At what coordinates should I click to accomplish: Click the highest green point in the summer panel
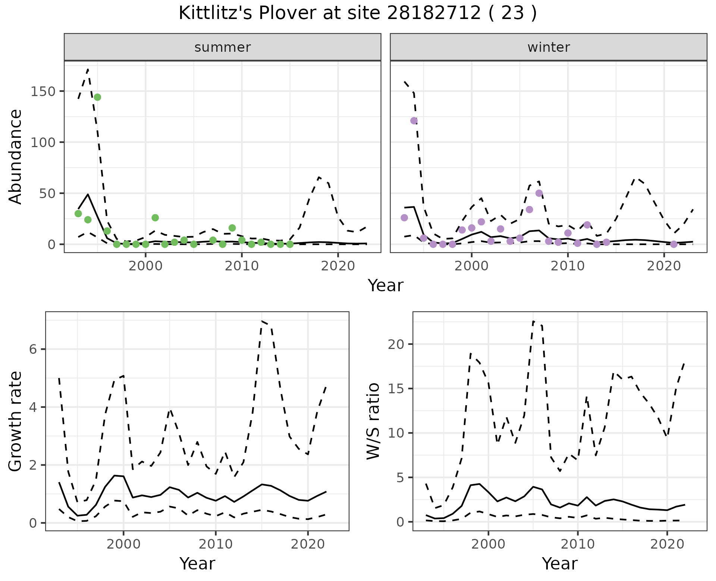pos(97,97)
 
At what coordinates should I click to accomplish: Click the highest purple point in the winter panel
pos(414,121)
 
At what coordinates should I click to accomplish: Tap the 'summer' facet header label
pos(223,47)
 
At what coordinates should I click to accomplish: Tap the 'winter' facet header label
pos(549,47)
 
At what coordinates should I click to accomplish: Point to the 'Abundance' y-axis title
pos(16,157)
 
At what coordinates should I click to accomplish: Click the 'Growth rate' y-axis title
pos(16,422)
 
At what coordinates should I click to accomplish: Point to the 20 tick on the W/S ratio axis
pos(396,344)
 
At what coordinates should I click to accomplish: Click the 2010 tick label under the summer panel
pos(242,266)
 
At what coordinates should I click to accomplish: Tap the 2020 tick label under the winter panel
pos(664,266)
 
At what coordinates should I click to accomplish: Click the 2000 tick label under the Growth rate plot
pos(123,544)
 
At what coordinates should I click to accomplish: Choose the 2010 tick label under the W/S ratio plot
pos(578,544)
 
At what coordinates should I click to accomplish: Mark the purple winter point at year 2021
pos(673,244)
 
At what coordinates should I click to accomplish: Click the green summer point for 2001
pos(155,218)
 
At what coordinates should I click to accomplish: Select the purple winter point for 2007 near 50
pos(539,193)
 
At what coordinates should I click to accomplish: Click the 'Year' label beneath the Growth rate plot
pos(197,564)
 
